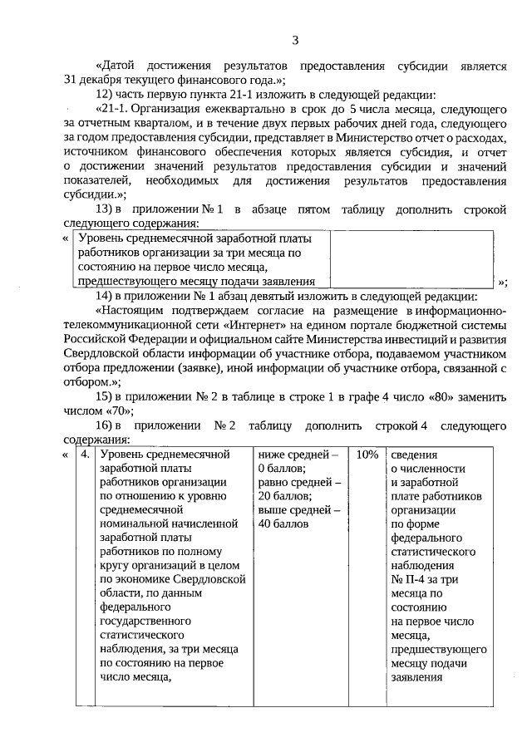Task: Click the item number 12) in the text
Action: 104,94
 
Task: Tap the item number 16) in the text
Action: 104,425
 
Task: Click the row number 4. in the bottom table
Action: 85,455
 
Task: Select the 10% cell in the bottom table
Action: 367,455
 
